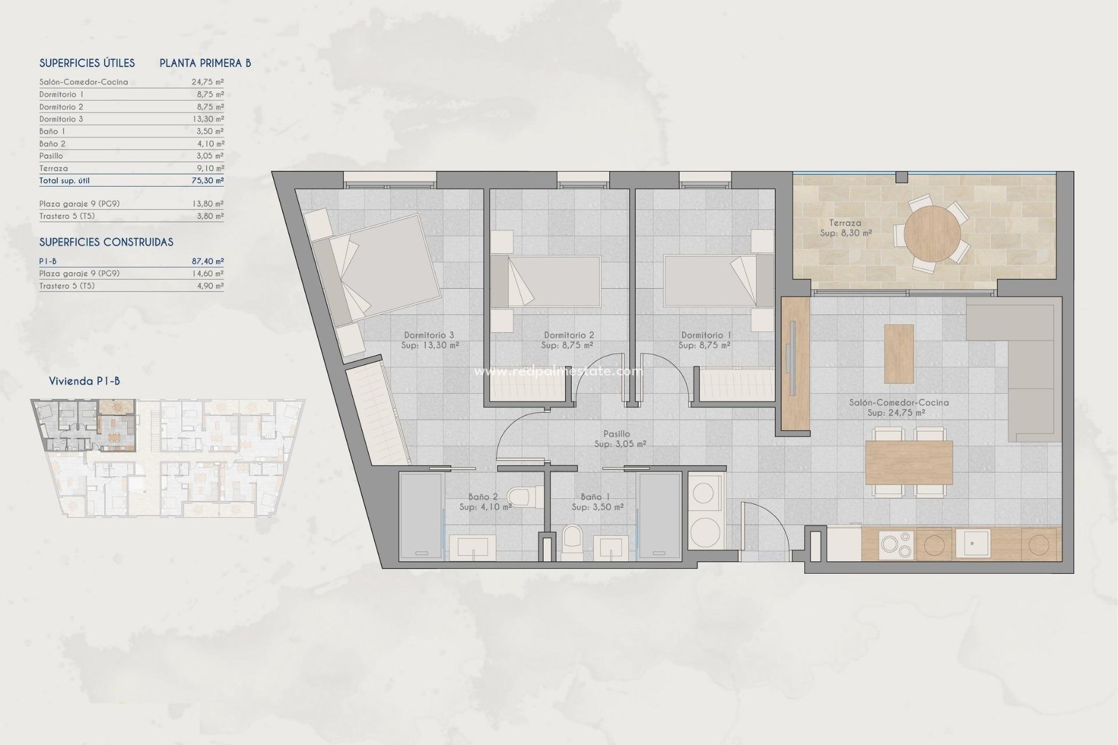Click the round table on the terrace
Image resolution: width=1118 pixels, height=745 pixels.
[x=932, y=234]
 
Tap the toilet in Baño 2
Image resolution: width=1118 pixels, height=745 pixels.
[x=521, y=497]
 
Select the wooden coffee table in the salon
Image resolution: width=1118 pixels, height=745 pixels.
[x=898, y=353]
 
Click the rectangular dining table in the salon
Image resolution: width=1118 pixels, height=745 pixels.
[x=908, y=463]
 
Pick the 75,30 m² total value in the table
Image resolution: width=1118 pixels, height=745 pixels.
[x=207, y=180]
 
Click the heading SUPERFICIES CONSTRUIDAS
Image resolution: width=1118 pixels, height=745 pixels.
[x=106, y=242]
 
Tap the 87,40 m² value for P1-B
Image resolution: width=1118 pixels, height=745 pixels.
[x=207, y=261]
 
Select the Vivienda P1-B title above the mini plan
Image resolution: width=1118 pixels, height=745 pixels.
[x=84, y=381]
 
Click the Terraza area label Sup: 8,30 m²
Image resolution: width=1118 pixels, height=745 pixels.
[x=845, y=233]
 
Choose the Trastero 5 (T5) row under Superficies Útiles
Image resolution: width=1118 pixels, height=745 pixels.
[x=67, y=216]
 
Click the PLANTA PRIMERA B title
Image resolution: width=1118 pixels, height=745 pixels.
[x=205, y=63]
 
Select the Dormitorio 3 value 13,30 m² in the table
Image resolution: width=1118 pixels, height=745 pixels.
[x=207, y=119]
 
